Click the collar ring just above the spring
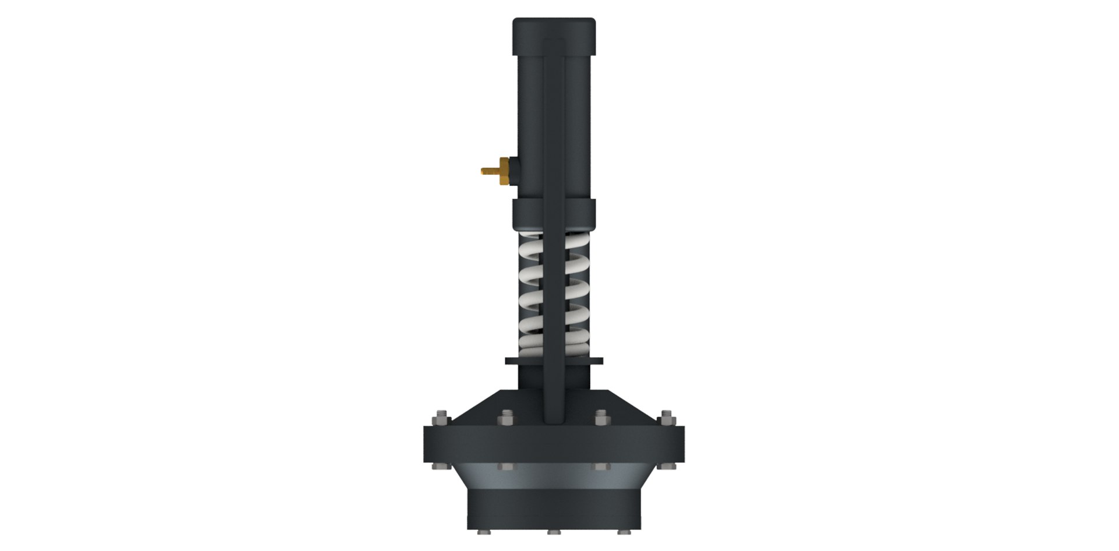click(554, 214)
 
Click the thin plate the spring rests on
click(554, 362)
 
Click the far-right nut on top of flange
click(667, 418)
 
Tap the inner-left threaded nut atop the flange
click(505, 417)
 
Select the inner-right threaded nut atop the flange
click(600, 417)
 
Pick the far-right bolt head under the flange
click(667, 466)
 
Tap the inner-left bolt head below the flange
click(505, 467)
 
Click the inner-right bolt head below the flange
click(600, 467)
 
